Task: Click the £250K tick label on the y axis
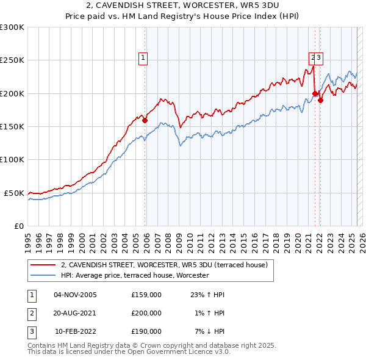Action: point(12,60)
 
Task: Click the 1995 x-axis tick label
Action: point(28,237)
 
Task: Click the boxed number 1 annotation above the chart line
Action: point(143,59)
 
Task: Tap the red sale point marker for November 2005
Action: point(145,121)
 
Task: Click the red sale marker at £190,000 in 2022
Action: point(320,101)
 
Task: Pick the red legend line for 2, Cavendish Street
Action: point(43,265)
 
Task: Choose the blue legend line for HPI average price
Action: point(43,276)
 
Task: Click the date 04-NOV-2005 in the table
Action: point(76,295)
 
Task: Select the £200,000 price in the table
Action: point(146,313)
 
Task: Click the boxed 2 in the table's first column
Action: point(31,313)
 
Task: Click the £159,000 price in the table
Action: point(146,295)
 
